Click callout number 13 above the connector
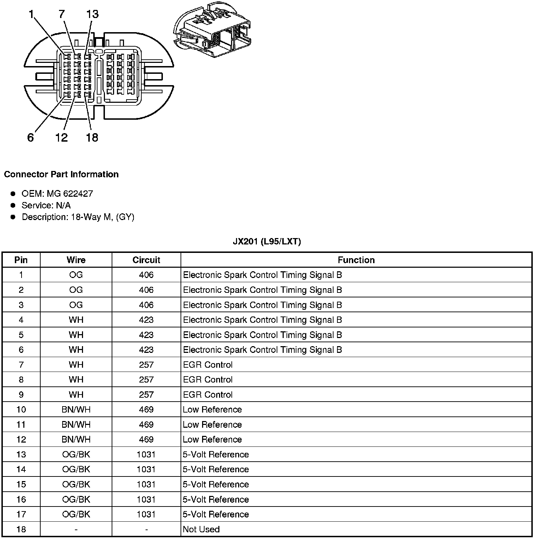(92, 14)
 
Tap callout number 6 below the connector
(30, 137)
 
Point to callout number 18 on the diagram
(92, 137)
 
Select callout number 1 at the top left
(32, 14)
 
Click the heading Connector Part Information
(61, 174)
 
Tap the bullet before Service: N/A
(13, 205)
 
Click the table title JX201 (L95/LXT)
(267, 242)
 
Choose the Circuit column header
(146, 260)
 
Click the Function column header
(356, 260)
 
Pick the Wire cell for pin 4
(76, 320)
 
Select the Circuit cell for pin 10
(146, 410)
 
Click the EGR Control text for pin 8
(208, 380)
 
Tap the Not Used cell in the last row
(201, 529)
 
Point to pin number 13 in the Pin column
(21, 455)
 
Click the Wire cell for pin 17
(76, 515)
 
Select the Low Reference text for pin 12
(212, 440)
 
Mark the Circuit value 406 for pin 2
(146, 290)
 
